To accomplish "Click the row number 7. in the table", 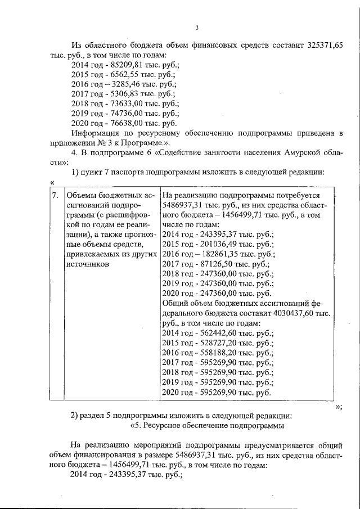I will click(x=55, y=195).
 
